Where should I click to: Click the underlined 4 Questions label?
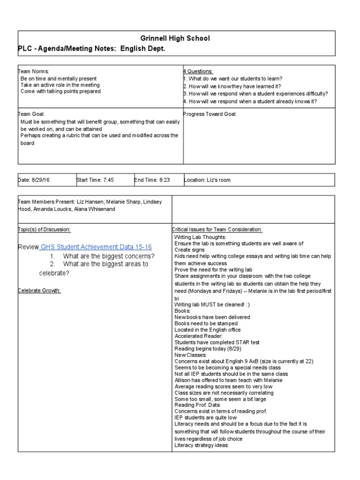coord(198,71)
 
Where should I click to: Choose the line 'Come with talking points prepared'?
coord(60,92)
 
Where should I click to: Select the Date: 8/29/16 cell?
coord(33,180)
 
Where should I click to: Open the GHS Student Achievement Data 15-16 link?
coord(96,247)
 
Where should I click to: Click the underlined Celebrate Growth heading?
coord(39,291)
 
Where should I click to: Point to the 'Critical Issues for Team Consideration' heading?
coord(217,229)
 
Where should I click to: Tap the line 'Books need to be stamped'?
coord(206,323)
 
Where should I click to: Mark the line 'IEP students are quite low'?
coord(205,417)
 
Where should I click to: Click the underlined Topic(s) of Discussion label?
coord(44,229)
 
